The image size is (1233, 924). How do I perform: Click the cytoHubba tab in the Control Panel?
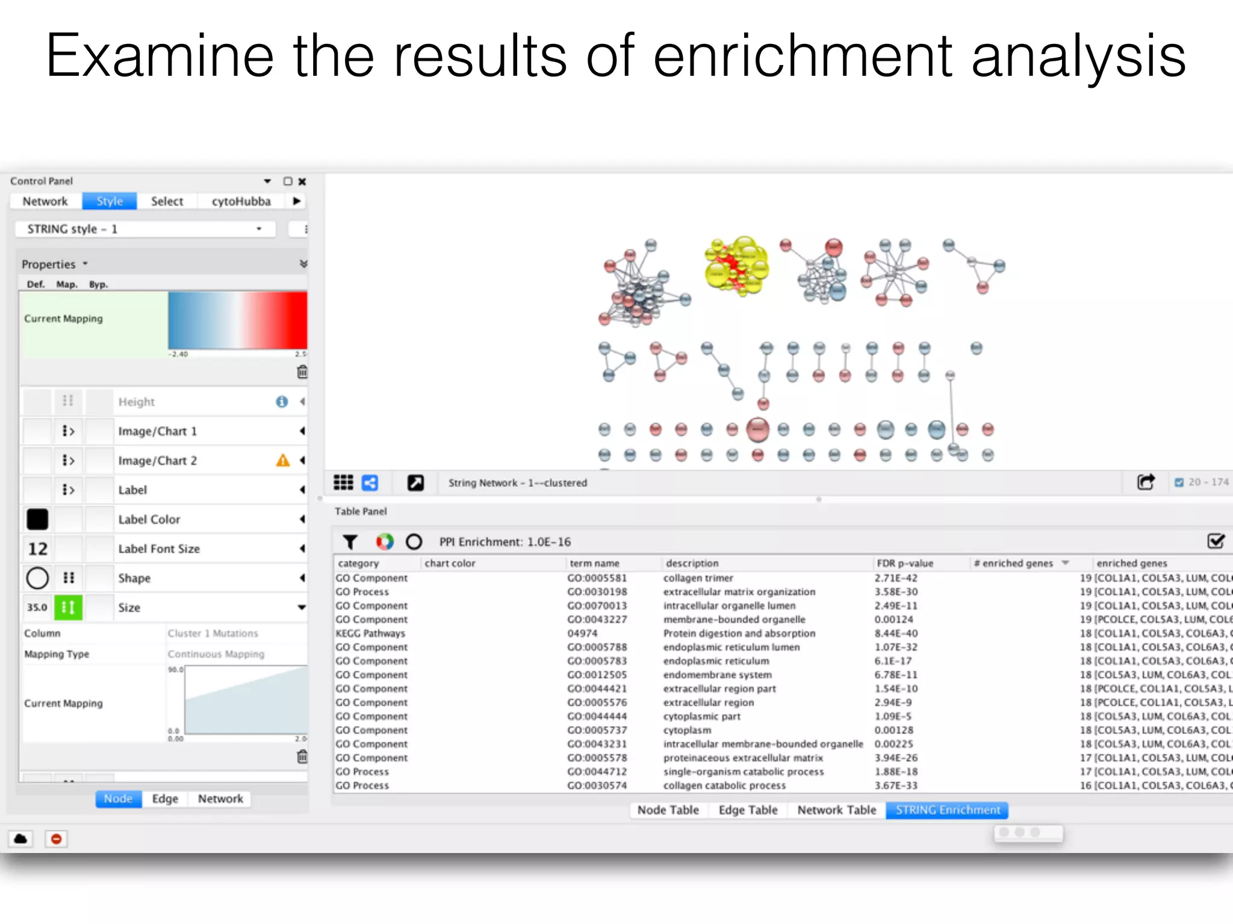coord(241,202)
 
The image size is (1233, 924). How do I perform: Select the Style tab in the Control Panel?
coord(110,202)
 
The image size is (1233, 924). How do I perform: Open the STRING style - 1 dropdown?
coord(145,229)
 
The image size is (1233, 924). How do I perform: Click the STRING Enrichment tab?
coord(948,810)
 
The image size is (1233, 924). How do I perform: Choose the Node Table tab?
coord(668,810)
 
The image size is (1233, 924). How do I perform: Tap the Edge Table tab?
coord(748,810)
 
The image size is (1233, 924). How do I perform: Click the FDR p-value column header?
coord(904,564)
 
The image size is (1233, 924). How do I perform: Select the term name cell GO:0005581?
coord(597,578)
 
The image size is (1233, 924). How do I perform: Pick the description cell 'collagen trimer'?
coord(698,578)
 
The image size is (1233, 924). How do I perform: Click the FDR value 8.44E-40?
coord(896,633)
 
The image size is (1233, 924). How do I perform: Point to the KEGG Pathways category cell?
coord(370,633)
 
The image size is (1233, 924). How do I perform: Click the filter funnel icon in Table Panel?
coord(350,542)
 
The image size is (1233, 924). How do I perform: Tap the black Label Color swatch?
coord(37,519)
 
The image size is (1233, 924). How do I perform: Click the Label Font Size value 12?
coord(37,549)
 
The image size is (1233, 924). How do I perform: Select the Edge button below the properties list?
coord(164,799)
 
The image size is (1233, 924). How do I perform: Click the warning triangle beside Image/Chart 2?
coord(282,461)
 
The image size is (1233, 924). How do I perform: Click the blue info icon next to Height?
coord(282,402)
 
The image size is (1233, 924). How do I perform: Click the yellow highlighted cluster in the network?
coord(737,266)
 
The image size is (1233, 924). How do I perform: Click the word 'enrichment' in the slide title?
coord(803,57)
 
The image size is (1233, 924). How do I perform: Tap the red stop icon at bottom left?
coord(56,839)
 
